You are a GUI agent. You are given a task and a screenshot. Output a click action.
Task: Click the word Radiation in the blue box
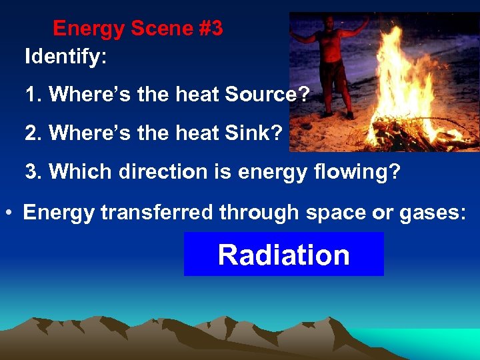pos(283,255)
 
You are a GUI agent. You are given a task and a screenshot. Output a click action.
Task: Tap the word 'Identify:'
pos(65,57)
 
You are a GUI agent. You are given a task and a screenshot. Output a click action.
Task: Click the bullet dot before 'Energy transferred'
pos(10,213)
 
